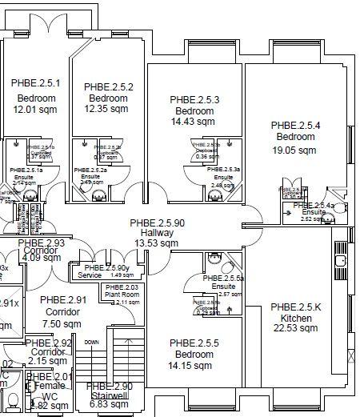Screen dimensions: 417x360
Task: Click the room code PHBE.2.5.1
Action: pos(35,83)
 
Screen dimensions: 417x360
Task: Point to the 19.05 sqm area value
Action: pos(295,149)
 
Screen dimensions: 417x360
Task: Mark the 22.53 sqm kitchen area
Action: pos(295,328)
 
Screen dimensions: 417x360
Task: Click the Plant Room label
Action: pos(120,295)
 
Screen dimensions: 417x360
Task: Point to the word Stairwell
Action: pos(110,395)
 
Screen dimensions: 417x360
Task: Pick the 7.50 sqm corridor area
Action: pos(62,323)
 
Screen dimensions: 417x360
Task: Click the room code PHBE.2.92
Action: pos(50,342)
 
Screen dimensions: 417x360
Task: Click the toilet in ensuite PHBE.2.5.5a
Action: pos(213,259)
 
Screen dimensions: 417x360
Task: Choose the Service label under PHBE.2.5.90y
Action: pos(90,275)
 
